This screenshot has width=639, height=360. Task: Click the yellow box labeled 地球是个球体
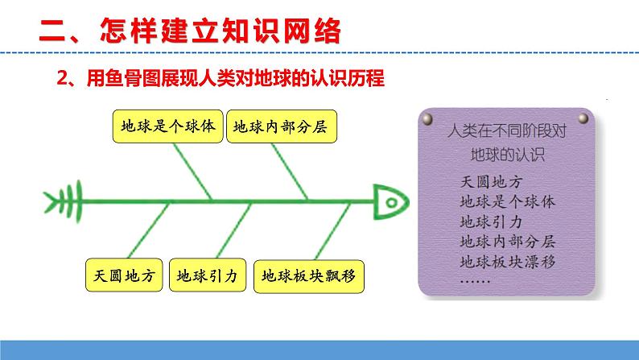click(x=167, y=127)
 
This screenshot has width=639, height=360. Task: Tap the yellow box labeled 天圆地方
click(x=124, y=275)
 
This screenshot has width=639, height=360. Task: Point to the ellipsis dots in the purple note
click(x=476, y=279)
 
